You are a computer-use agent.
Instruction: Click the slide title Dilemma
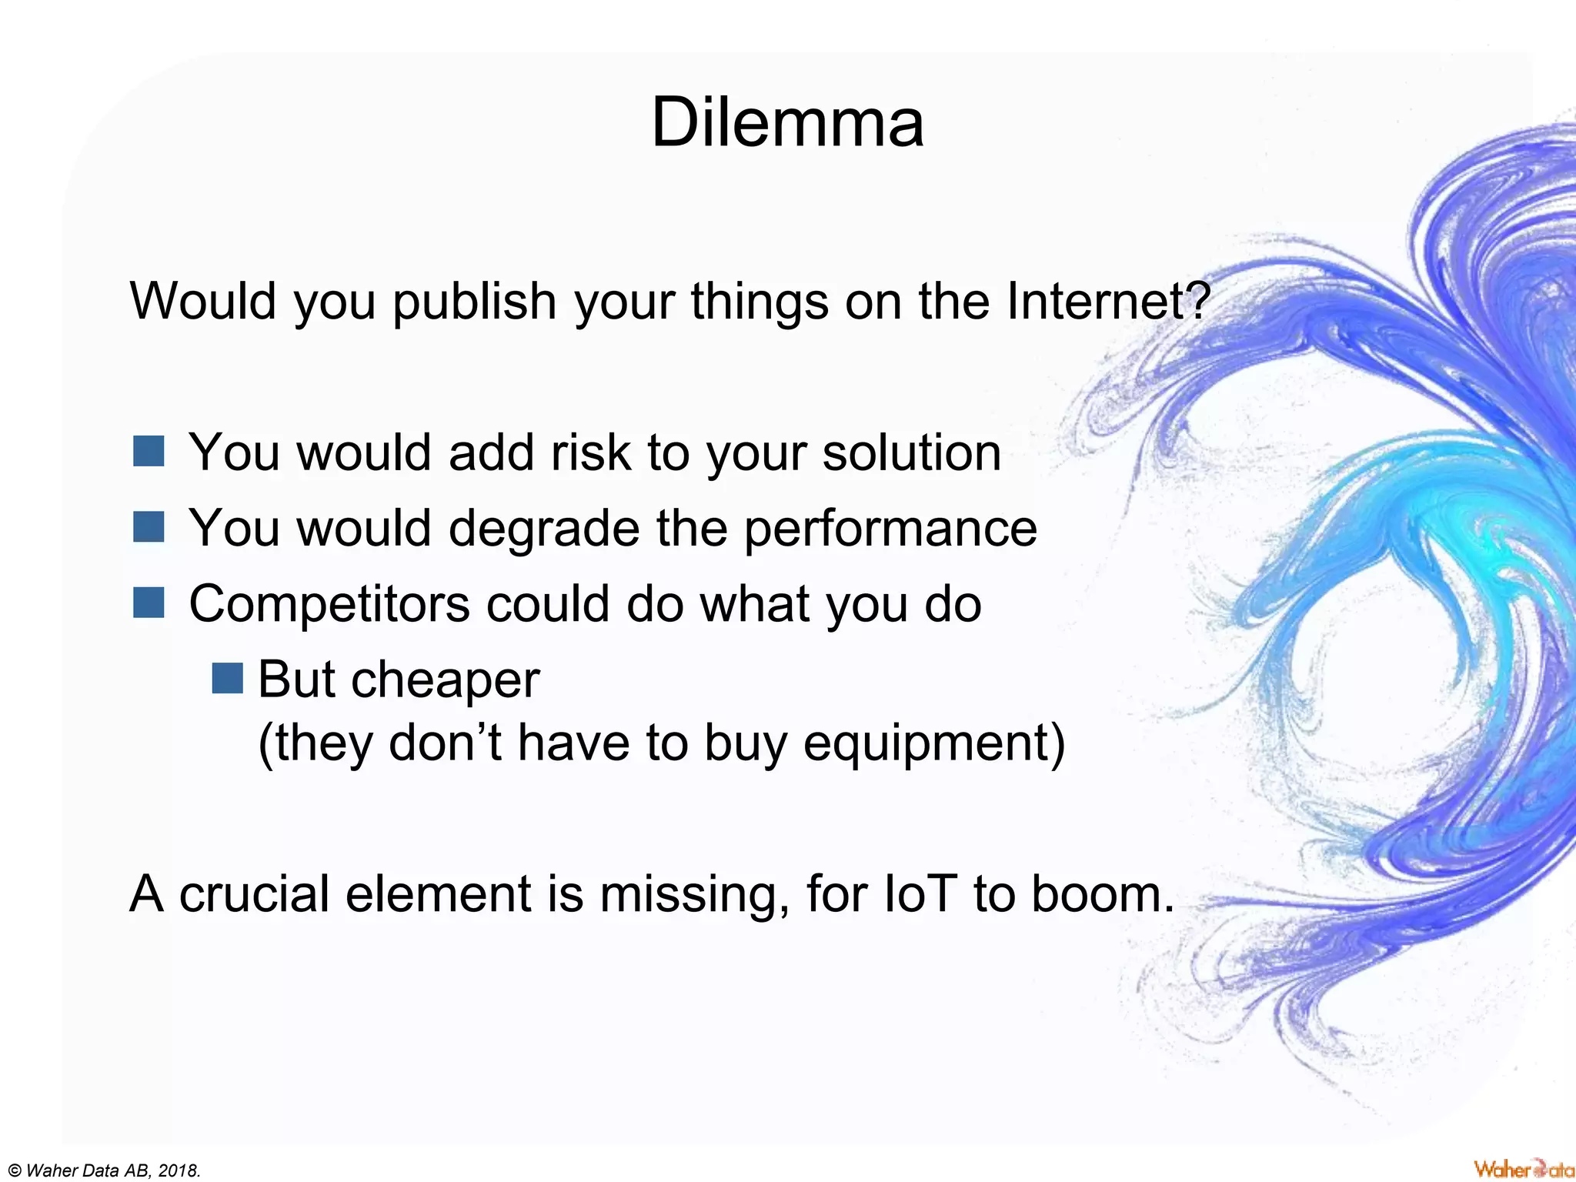[x=786, y=123]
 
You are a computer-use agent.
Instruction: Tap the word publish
[x=474, y=301]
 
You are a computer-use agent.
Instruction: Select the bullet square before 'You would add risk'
[x=149, y=452]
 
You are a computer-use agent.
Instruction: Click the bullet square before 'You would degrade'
[x=149, y=528]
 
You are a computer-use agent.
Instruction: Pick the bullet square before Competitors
[x=149, y=603]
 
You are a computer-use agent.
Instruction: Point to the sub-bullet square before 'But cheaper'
[x=228, y=679]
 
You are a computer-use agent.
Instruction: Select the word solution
[x=912, y=452]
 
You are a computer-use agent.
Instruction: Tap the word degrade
[x=543, y=529]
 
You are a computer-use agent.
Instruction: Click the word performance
[x=890, y=529]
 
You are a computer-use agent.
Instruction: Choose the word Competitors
[x=329, y=604]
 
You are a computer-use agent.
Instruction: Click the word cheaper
[x=445, y=680]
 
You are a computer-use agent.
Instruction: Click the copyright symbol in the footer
[x=12, y=1171]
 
